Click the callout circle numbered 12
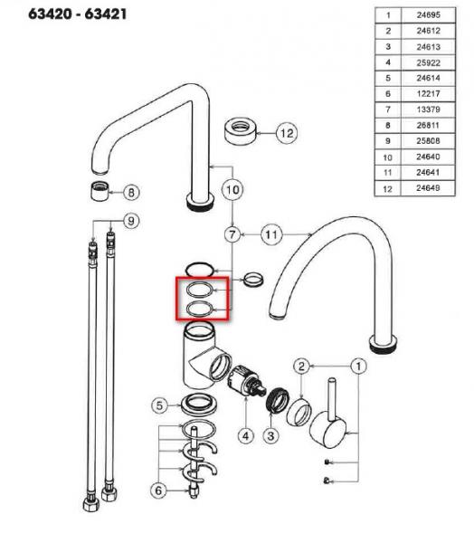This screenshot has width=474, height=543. [x=287, y=133]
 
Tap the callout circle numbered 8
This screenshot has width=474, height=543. [x=131, y=192]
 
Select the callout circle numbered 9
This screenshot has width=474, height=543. [x=131, y=221]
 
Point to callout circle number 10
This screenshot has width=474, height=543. [x=232, y=189]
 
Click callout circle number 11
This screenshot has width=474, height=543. [x=271, y=234]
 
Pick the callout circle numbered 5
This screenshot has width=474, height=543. [x=159, y=405]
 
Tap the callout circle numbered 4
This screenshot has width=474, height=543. [x=246, y=436]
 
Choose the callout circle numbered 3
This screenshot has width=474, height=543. [x=270, y=436]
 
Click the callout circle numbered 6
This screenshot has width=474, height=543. [x=158, y=491]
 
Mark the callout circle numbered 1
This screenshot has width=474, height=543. [x=359, y=366]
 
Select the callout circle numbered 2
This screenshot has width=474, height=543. [x=301, y=366]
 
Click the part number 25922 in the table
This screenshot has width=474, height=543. [x=428, y=62]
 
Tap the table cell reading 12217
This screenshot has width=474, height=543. [x=428, y=94]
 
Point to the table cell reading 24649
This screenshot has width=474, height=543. [x=428, y=188]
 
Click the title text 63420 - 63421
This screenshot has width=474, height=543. [x=78, y=14]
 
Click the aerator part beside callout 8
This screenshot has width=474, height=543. [x=100, y=191]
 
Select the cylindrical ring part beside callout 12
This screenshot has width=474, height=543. [x=241, y=131]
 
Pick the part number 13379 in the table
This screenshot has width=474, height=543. [x=428, y=110]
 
